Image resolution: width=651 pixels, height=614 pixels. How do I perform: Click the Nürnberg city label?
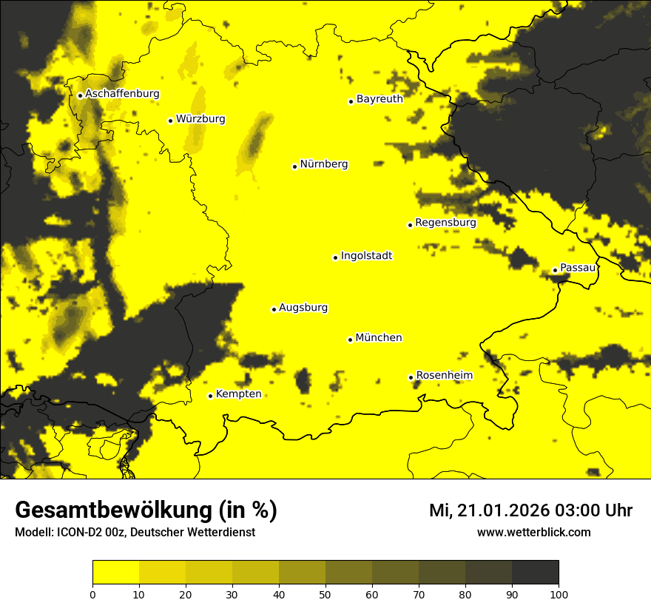point(323,164)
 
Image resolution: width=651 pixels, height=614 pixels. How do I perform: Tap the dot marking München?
point(350,340)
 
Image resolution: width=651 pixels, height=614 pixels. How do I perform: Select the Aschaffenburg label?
point(122,94)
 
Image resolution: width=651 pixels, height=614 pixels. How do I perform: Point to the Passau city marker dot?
point(555,270)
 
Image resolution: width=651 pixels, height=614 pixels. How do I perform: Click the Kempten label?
point(238,394)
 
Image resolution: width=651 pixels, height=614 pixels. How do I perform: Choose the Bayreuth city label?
point(380,98)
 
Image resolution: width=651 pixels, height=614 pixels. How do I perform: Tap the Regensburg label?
point(445,223)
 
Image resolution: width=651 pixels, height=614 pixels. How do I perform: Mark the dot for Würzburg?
point(170,121)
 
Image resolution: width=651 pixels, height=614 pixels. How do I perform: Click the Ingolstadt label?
point(366,256)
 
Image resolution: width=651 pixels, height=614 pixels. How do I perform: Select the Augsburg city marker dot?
point(274,309)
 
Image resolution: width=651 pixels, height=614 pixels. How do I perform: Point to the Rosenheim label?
point(444,376)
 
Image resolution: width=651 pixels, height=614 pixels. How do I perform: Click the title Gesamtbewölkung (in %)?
point(146,510)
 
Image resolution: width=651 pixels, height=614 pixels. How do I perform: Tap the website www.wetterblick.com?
point(533,532)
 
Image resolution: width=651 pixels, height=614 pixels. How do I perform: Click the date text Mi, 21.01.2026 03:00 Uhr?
point(530,510)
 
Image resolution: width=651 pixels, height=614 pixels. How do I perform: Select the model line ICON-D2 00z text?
point(135,533)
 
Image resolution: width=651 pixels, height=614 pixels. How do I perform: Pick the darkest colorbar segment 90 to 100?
point(535,573)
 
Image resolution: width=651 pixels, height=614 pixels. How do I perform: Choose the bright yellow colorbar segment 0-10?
point(115,573)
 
